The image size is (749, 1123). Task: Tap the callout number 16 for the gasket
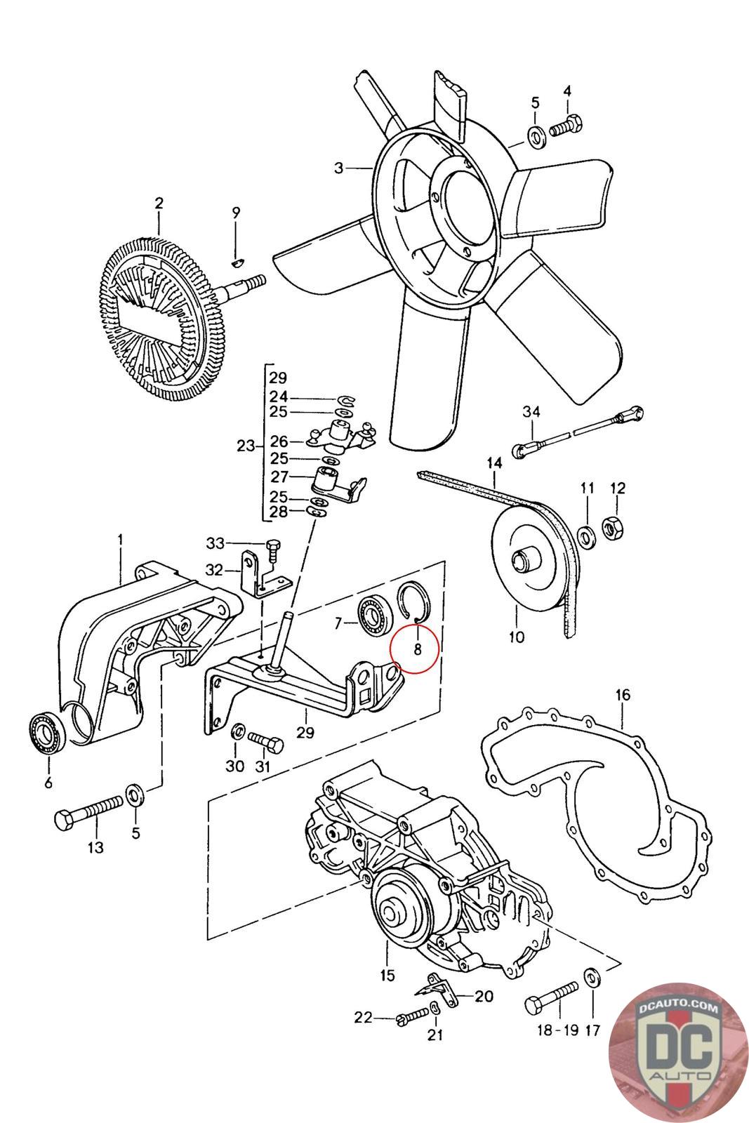point(623,695)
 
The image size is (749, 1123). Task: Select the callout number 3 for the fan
point(339,168)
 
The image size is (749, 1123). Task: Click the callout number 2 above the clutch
point(159,204)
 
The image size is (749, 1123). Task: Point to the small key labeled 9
point(238,263)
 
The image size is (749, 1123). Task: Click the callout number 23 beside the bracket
point(246,446)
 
